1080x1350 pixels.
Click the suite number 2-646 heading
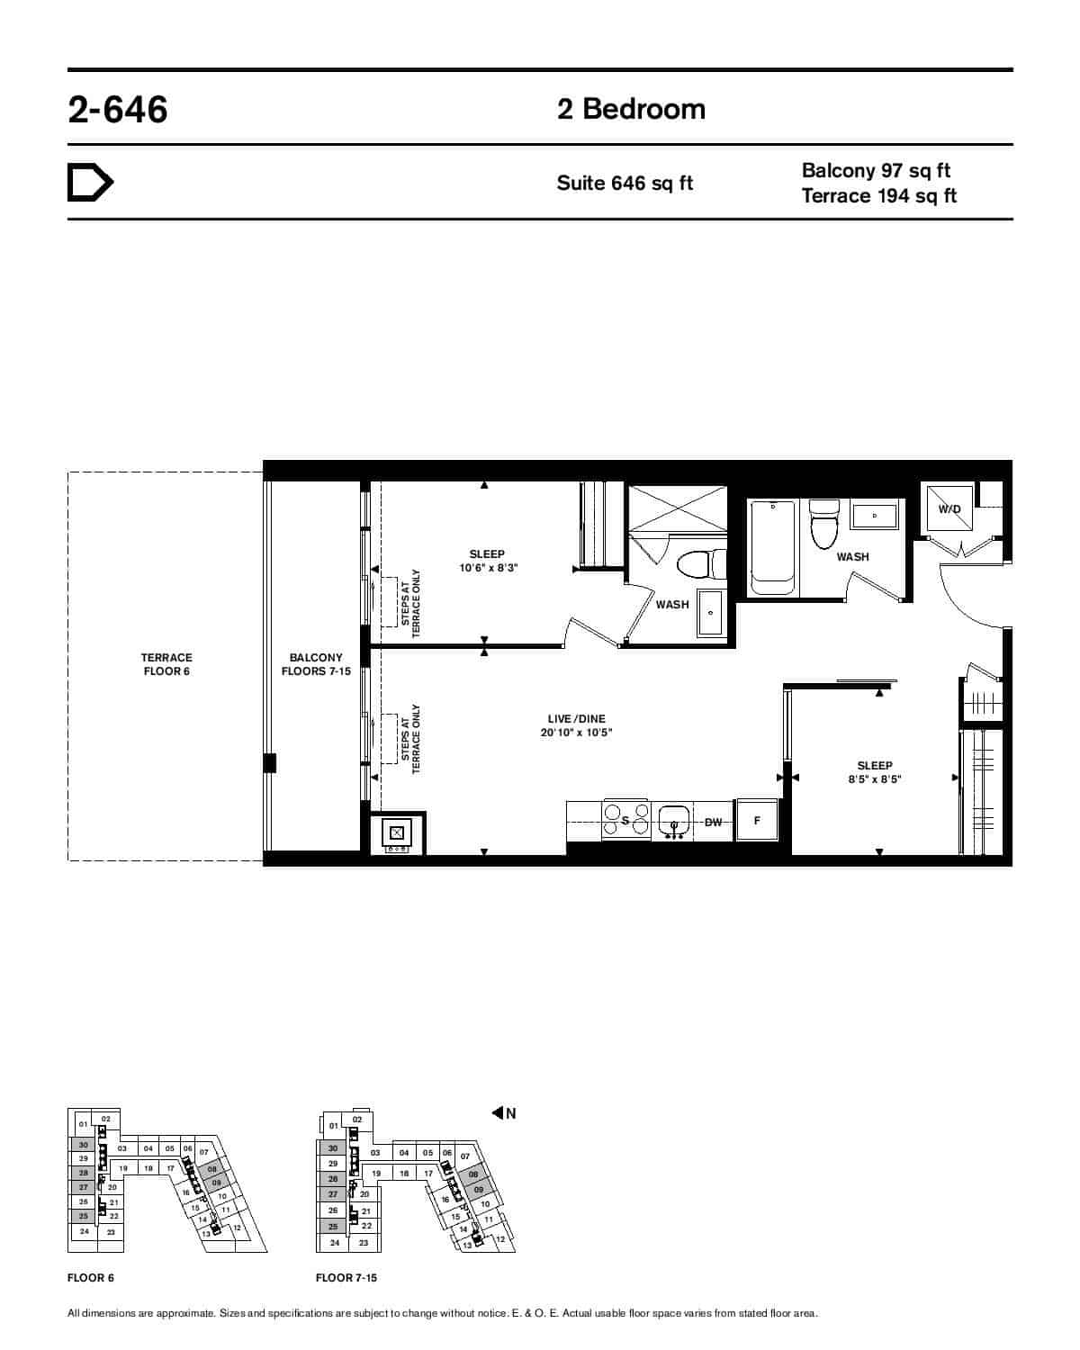(118, 109)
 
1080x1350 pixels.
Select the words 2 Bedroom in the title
(631, 109)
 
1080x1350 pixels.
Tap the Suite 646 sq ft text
(625, 184)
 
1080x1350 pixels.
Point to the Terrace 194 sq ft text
(878, 195)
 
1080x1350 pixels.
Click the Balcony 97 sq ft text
(876, 171)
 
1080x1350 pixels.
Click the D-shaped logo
(90, 183)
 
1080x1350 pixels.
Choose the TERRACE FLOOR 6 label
(166, 664)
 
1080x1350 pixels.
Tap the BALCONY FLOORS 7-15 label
(316, 664)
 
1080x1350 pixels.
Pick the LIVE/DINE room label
(576, 719)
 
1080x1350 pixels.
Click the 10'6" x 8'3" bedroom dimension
(488, 568)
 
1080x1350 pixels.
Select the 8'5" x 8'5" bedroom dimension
(875, 779)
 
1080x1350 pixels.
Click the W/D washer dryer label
(949, 508)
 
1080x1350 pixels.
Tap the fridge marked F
(757, 821)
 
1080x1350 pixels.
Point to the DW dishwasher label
(713, 822)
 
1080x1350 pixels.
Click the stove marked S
(625, 820)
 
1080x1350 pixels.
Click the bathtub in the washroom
(773, 548)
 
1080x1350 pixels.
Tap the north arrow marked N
(504, 1113)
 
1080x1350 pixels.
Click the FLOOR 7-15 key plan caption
(346, 1278)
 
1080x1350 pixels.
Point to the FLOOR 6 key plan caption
(90, 1278)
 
